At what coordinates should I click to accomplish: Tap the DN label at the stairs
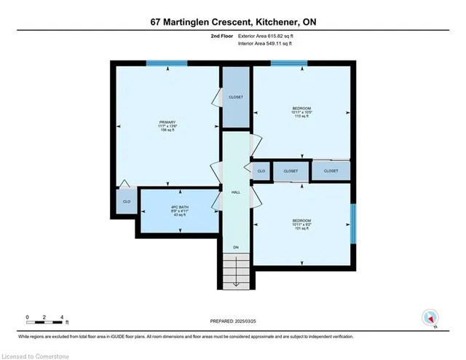tap(235, 248)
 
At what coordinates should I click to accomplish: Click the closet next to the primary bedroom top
tap(235, 97)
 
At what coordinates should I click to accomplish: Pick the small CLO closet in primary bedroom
tap(127, 201)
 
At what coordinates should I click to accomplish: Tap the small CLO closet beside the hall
tap(261, 171)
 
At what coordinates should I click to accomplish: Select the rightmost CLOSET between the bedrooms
tap(331, 171)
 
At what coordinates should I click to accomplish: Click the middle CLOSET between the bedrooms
tap(291, 171)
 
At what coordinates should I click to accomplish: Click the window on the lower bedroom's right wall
tap(355, 223)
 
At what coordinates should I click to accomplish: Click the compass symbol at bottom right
tap(430, 317)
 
